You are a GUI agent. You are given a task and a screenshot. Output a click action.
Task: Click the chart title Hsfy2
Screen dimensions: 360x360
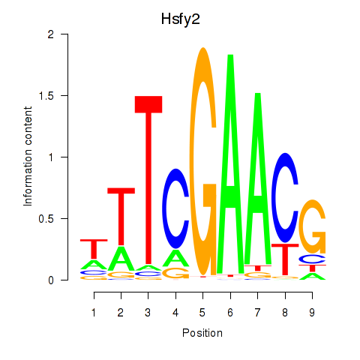(181, 19)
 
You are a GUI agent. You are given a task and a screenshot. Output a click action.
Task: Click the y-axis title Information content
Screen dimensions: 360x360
(28, 156)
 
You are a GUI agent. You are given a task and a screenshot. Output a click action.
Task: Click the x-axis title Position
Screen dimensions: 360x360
(202, 333)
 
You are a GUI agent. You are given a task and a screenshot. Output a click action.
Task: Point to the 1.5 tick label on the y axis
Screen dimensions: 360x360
(46, 96)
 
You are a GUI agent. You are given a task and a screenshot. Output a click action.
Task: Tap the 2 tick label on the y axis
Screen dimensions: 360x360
(51, 34)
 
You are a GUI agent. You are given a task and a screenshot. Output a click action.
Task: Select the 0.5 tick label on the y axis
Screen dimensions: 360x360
(46, 219)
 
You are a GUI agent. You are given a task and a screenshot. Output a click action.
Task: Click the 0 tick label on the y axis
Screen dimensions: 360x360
(51, 280)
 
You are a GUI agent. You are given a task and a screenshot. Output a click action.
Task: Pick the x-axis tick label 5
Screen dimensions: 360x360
(202, 313)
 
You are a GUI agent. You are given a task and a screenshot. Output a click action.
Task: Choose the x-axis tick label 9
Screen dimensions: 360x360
(312, 313)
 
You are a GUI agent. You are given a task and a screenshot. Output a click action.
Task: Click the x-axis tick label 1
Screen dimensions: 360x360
(94, 313)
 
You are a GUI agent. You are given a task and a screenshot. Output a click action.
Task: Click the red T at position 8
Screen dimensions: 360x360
(285, 259)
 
